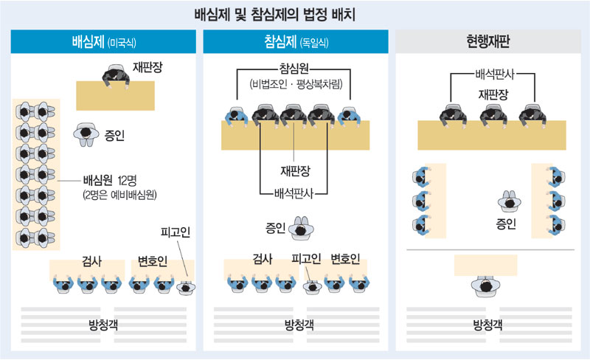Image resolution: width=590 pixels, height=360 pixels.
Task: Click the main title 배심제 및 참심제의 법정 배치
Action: click(295, 14)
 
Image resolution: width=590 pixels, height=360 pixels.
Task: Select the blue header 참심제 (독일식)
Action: click(294, 42)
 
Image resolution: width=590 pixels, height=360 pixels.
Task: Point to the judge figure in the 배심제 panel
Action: click(115, 74)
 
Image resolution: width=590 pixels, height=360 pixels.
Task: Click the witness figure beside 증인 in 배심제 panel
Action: click(85, 134)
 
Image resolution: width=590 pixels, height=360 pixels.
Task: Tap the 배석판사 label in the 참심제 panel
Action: click(294, 193)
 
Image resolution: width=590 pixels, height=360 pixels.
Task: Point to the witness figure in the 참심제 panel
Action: click(299, 229)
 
